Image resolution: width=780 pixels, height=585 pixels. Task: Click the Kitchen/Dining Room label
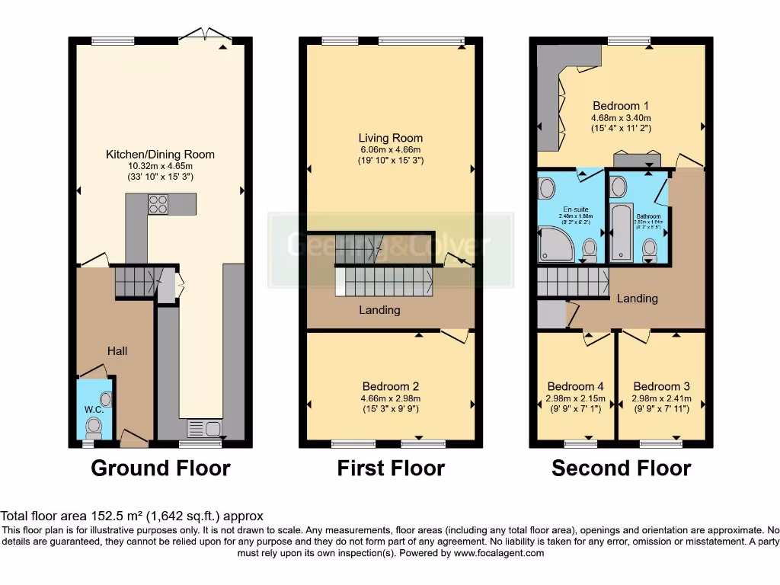coord(160,155)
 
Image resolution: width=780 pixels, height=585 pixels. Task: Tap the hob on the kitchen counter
coord(158,203)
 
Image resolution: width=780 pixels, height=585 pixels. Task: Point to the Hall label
coord(117,351)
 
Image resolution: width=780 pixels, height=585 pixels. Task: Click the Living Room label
coord(390,138)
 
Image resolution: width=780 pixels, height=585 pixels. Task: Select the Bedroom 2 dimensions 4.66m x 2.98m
coord(390,398)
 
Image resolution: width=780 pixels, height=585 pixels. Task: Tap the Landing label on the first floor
coord(379,310)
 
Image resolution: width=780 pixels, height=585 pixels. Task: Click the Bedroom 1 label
coord(620,106)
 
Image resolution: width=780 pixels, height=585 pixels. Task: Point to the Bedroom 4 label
coord(575,386)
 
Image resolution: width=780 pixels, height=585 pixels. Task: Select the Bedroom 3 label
coord(661,386)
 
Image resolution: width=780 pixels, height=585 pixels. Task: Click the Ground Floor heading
coord(160,468)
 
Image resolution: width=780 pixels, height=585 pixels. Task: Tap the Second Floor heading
coord(621,468)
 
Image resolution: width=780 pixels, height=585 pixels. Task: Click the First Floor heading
coord(391,468)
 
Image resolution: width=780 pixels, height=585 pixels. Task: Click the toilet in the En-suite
coord(590,248)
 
